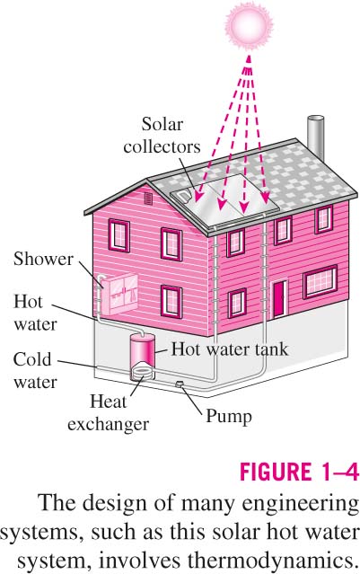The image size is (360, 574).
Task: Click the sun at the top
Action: pyautogui.click(x=246, y=24)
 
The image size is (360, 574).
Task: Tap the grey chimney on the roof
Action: pyautogui.click(x=315, y=138)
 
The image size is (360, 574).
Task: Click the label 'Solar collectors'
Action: pyautogui.click(x=162, y=136)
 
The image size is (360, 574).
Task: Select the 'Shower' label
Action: pyautogui.click(x=43, y=260)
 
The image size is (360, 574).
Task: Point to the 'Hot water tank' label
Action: pyautogui.click(x=230, y=349)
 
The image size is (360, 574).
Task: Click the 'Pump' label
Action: pyautogui.click(x=229, y=417)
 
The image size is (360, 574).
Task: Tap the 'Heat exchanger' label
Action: pyautogui.click(x=109, y=412)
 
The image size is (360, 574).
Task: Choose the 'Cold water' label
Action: pyautogui.click(x=35, y=370)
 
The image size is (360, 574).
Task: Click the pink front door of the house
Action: pyautogui.click(x=279, y=299)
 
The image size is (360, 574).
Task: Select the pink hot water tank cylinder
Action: pyautogui.click(x=143, y=352)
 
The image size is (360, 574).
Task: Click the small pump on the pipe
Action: pyautogui.click(x=180, y=384)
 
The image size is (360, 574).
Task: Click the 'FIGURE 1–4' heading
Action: pyautogui.click(x=299, y=472)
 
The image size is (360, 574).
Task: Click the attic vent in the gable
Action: pyautogui.click(x=148, y=199)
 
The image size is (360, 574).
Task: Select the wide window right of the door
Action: pyautogui.click(x=320, y=281)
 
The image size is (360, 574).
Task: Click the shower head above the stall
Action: pyautogui.click(x=101, y=278)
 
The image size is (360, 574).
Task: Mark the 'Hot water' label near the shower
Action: pyautogui.click(x=36, y=313)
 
